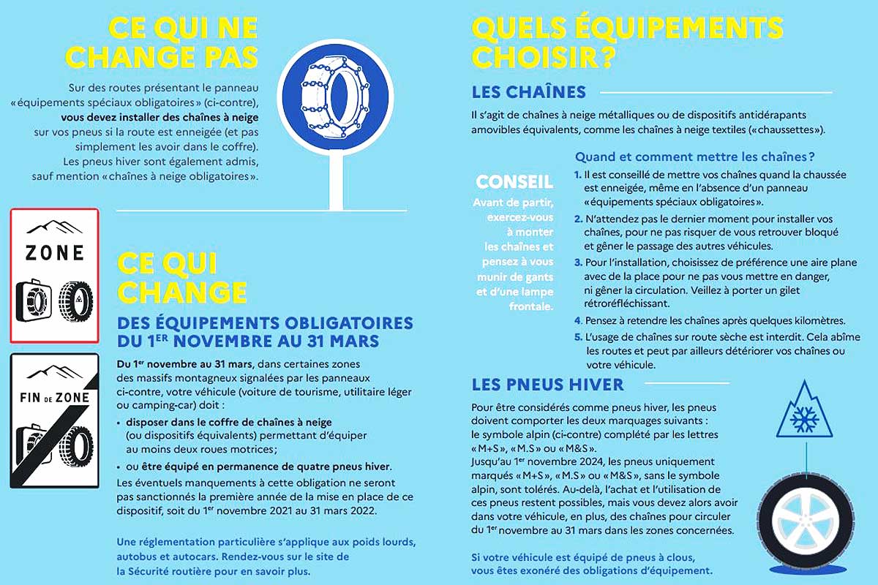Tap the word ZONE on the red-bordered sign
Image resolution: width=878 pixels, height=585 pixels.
click(x=54, y=253)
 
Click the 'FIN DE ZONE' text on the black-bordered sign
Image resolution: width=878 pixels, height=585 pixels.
click(x=54, y=397)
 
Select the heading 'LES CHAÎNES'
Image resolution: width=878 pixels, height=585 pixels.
click(x=529, y=92)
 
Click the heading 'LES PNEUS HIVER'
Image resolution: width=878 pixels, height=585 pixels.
click(x=548, y=385)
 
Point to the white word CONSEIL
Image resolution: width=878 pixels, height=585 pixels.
click(x=514, y=181)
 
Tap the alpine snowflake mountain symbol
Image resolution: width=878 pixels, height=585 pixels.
click(x=806, y=416)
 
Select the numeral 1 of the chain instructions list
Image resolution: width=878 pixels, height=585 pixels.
click(x=578, y=175)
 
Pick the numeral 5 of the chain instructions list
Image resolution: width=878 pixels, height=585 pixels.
click(x=578, y=337)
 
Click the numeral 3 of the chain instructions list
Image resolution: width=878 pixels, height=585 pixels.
click(x=578, y=263)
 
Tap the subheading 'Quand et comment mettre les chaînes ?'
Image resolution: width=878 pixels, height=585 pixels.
click(x=695, y=156)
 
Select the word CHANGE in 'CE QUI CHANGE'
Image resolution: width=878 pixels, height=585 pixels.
click(x=181, y=290)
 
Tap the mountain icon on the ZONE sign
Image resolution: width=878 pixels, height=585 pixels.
click(x=54, y=224)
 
